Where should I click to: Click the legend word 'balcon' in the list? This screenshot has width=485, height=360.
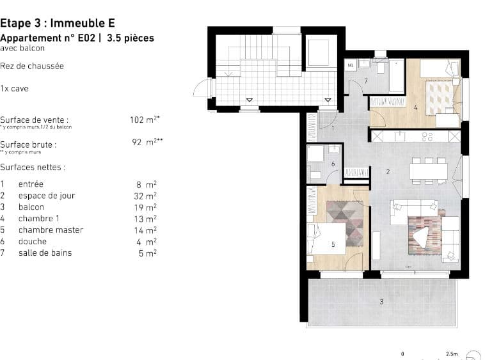[31, 207]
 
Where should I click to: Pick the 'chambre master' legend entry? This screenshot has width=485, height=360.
[51, 230]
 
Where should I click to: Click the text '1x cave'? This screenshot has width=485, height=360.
[14, 89]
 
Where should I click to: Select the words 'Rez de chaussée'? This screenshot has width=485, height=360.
[32, 66]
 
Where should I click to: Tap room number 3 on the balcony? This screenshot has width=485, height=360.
[381, 301]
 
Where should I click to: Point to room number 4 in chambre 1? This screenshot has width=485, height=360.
[415, 107]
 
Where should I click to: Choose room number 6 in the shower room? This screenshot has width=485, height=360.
[333, 164]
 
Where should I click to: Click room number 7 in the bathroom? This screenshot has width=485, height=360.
[365, 81]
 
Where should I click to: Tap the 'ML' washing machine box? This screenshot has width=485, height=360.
[351, 65]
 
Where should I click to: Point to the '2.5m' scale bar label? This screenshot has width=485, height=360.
[451, 354]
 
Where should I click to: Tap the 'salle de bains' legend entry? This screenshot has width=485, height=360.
[45, 253]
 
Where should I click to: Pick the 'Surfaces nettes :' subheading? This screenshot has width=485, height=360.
[33, 168]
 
